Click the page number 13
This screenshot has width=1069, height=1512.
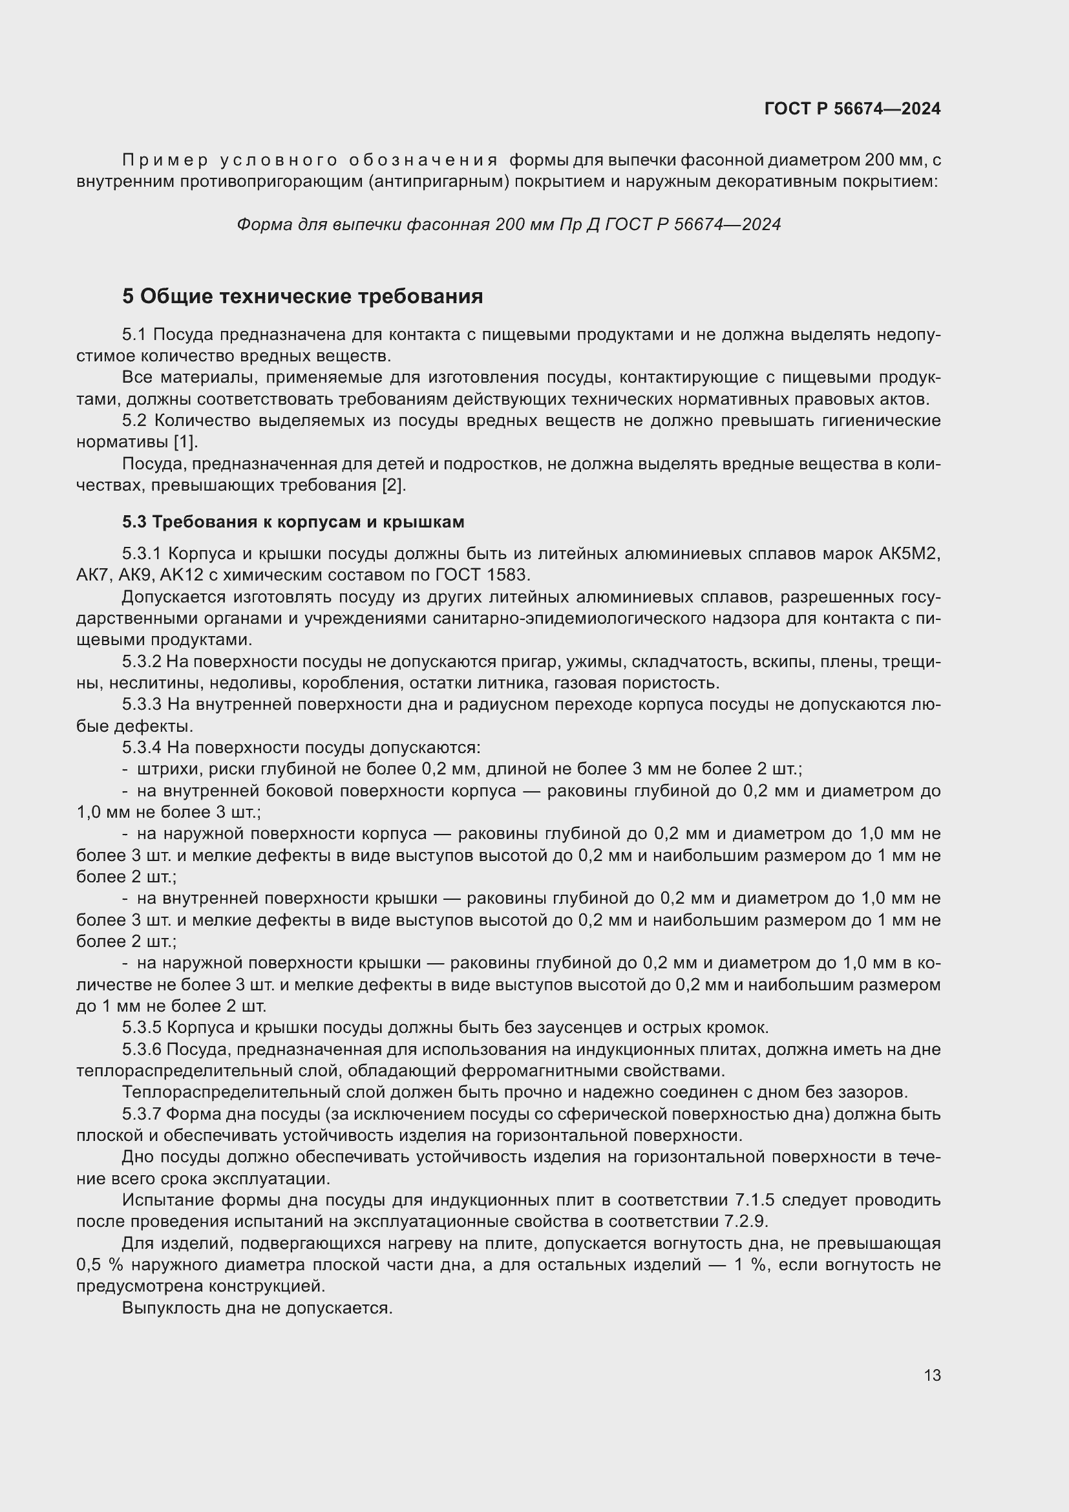coord(932,1375)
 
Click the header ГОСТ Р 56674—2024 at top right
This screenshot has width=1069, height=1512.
coord(852,109)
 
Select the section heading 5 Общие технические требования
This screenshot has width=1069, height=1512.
coord(302,296)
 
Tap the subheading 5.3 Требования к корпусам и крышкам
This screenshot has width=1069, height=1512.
coord(293,522)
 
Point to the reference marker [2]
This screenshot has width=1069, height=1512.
coord(394,485)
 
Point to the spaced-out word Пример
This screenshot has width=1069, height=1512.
coord(165,160)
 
